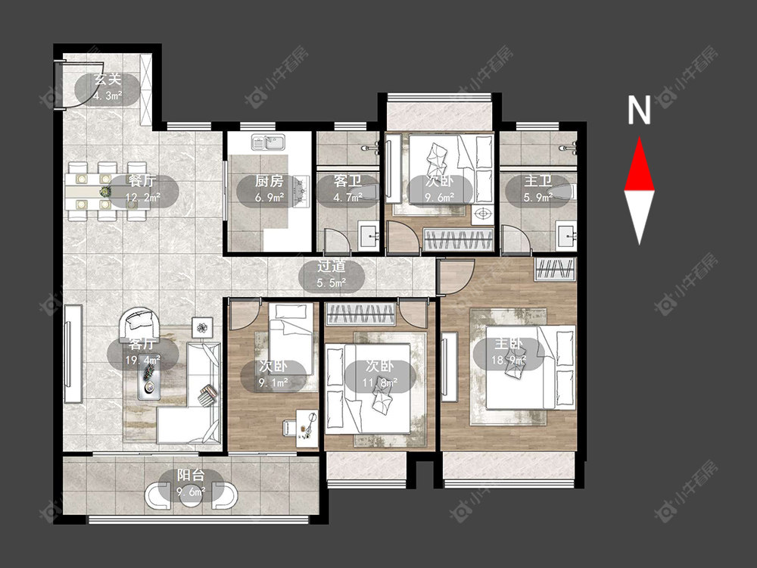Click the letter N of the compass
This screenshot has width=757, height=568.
click(639, 111)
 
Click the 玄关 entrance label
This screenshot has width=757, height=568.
click(107, 80)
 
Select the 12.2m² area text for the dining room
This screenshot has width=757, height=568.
click(143, 197)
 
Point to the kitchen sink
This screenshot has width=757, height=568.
click(269, 142)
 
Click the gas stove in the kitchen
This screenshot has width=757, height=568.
click(302, 189)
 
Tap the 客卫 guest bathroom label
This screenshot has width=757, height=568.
click(347, 182)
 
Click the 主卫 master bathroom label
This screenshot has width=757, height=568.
click(538, 182)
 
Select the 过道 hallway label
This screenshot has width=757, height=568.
click(332, 267)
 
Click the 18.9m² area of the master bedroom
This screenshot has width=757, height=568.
click(509, 360)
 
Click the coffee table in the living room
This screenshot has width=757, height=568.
click(150, 379)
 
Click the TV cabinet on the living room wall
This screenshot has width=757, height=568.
click(73, 353)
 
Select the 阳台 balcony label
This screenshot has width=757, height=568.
click(191, 476)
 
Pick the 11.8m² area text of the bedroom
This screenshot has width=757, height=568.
click(380, 382)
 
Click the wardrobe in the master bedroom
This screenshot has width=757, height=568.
click(555, 269)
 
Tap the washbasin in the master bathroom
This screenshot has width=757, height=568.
click(565, 236)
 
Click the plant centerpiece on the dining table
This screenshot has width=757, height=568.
click(104, 192)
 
